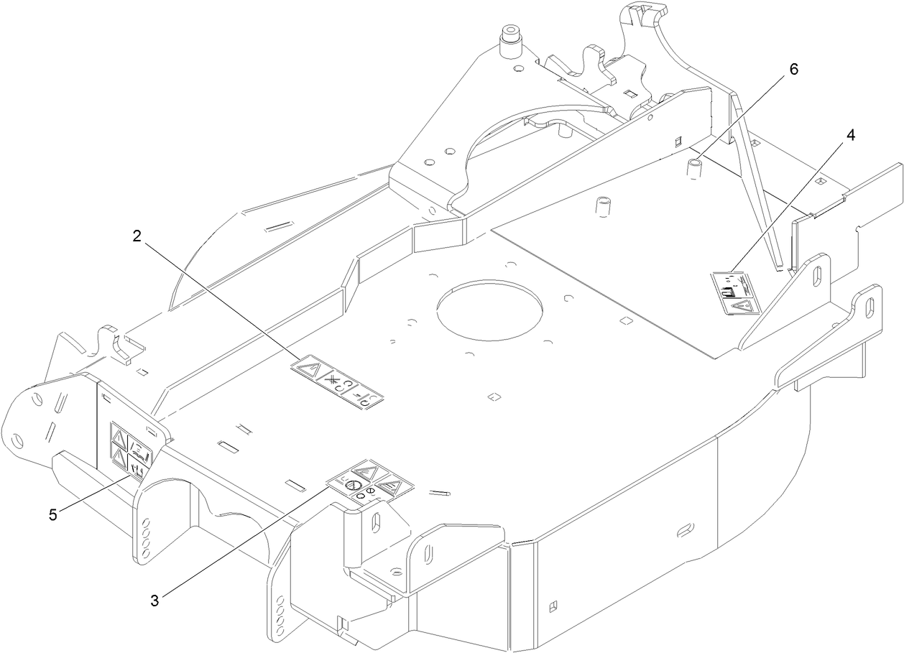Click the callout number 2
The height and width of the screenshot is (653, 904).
click(137, 236)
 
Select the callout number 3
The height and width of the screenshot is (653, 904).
click(154, 601)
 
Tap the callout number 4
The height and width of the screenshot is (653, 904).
click(850, 136)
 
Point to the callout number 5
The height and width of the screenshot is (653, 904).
click(53, 514)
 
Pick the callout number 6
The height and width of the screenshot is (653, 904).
click(793, 70)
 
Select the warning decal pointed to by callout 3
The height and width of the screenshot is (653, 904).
click(369, 480)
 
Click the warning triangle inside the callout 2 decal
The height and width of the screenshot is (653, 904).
click(308, 370)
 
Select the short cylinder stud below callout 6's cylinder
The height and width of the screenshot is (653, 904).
click(604, 207)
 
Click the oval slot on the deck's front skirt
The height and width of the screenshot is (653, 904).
click(686, 530)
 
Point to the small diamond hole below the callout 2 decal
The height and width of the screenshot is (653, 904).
click(492, 397)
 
